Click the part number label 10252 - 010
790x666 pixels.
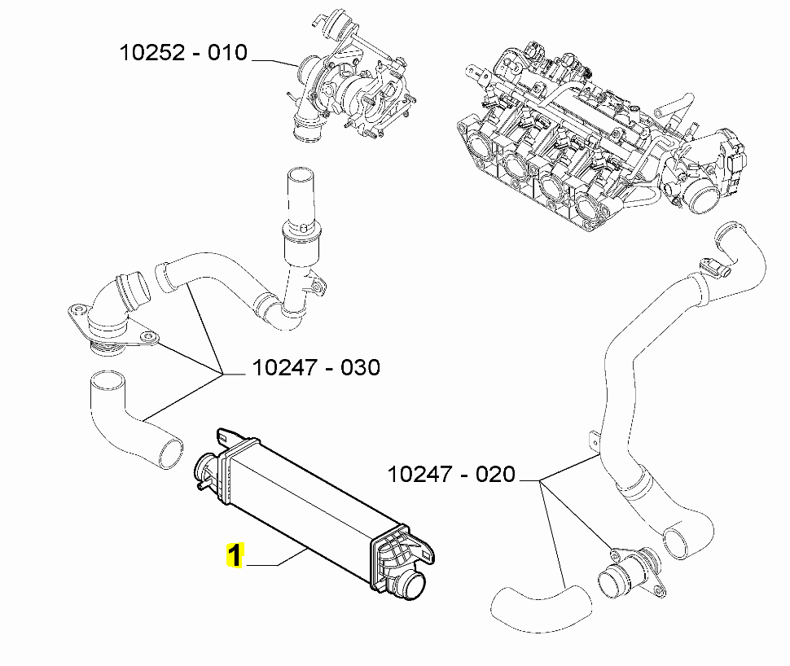point(182,53)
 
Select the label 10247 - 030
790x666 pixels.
point(315,368)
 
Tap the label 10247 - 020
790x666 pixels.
point(451,474)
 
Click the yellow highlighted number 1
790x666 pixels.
point(234,557)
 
